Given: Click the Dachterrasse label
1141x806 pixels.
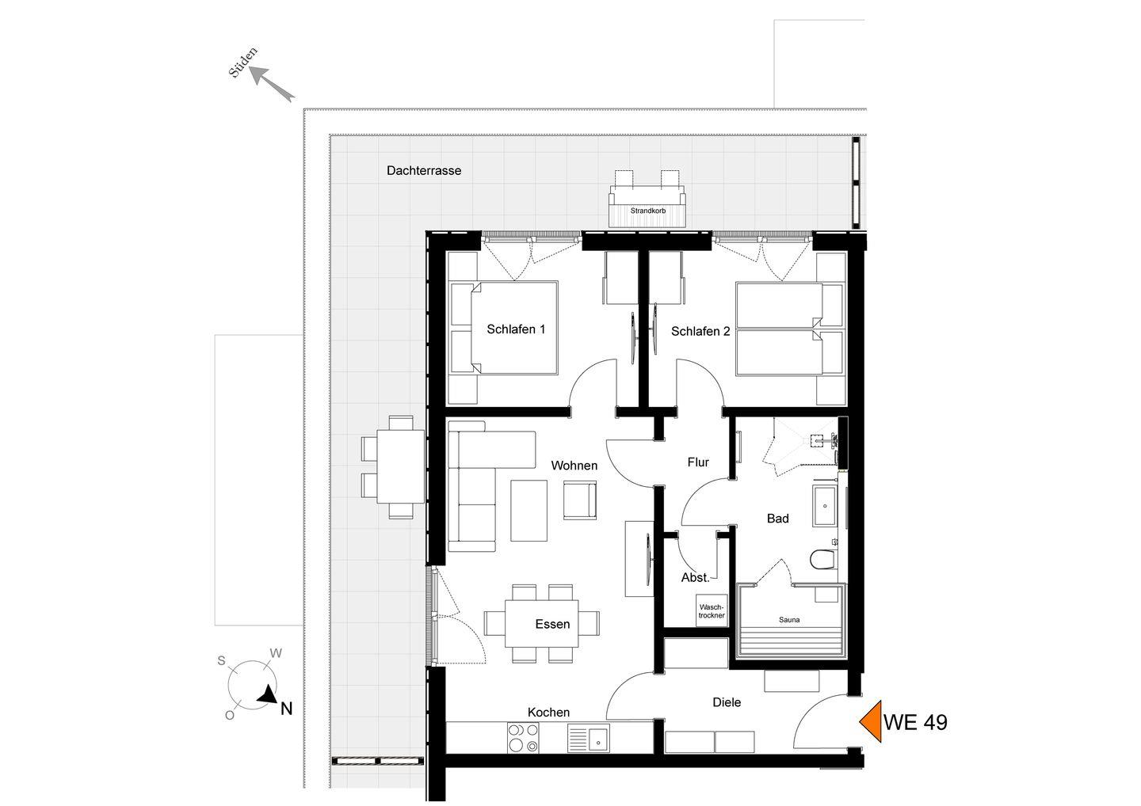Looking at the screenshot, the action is point(424,170).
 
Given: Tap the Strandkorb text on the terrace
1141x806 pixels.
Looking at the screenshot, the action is point(648,211).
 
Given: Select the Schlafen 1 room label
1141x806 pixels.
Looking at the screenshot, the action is point(516,329).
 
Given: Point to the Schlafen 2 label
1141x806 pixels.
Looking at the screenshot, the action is point(700,331).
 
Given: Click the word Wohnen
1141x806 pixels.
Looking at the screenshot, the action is point(574,465).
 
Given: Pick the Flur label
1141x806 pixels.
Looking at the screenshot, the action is point(698,462).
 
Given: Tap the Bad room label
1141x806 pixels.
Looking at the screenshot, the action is point(778,518).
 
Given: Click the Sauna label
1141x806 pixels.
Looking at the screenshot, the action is point(789,620).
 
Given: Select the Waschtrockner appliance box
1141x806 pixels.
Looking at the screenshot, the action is point(712,610).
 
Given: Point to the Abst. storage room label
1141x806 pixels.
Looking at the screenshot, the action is point(696,577).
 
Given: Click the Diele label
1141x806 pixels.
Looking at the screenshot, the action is point(727,702).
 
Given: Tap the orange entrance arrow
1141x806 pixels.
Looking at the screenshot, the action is point(871,721).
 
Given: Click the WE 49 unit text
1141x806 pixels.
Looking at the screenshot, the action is point(915,722).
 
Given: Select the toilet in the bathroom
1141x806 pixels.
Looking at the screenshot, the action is point(822,560).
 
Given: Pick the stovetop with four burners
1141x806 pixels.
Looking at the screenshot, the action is point(523,738).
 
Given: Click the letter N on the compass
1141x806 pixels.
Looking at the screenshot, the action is point(287,709).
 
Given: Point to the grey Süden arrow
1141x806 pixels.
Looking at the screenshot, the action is point(272,83).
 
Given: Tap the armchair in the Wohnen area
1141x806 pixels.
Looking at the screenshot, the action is point(580,500).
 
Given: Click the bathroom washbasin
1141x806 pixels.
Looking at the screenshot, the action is point(824,506).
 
